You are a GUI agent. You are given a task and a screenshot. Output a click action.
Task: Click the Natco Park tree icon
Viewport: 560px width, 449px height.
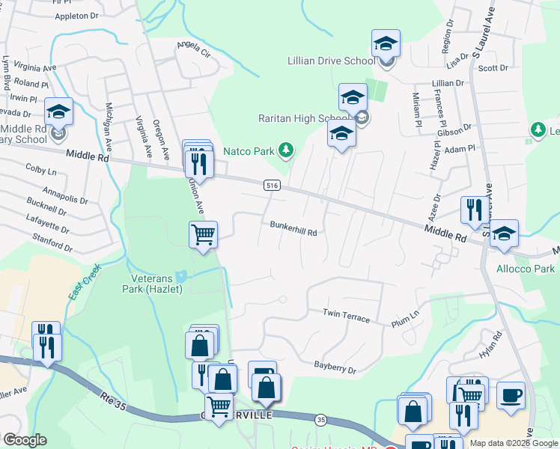pyautogui.click(x=285, y=151)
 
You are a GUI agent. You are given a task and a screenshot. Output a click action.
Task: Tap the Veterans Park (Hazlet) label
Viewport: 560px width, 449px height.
pyautogui.click(x=152, y=284)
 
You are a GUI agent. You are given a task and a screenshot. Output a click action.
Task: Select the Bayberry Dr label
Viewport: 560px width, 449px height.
pyautogui.click(x=335, y=368)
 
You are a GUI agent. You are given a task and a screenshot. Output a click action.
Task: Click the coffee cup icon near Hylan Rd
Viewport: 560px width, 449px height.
pyautogui.click(x=511, y=394)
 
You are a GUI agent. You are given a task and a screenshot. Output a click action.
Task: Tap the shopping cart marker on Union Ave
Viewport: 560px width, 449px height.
pyautogui.click(x=204, y=235)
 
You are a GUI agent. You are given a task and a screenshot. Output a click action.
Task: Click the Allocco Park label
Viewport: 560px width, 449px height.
pyautogui.click(x=526, y=269)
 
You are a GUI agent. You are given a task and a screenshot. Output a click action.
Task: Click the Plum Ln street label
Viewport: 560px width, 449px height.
pyautogui.click(x=405, y=321)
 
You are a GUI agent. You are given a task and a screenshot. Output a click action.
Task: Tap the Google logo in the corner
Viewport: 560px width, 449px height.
pyautogui.click(x=25, y=440)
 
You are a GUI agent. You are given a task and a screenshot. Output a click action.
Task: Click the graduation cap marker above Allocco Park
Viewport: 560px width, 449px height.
pyautogui.click(x=505, y=233)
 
